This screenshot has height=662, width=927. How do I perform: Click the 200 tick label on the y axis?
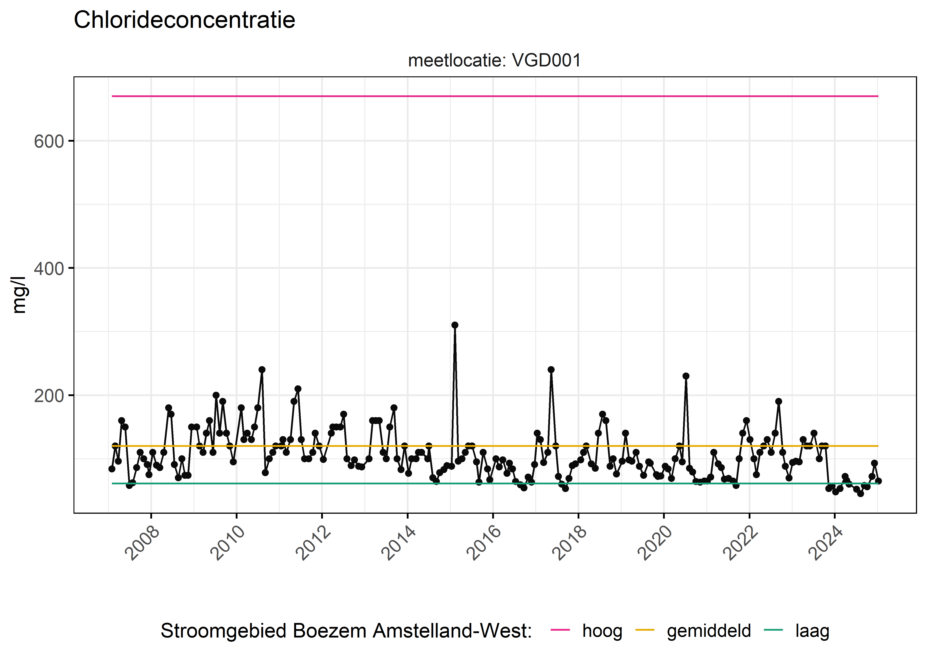[x=49, y=396]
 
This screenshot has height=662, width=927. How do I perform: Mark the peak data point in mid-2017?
[x=551, y=370]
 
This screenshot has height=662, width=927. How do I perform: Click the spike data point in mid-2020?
[x=686, y=376]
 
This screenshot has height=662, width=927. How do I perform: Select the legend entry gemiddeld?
[x=708, y=631]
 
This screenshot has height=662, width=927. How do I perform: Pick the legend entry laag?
[x=812, y=631]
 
